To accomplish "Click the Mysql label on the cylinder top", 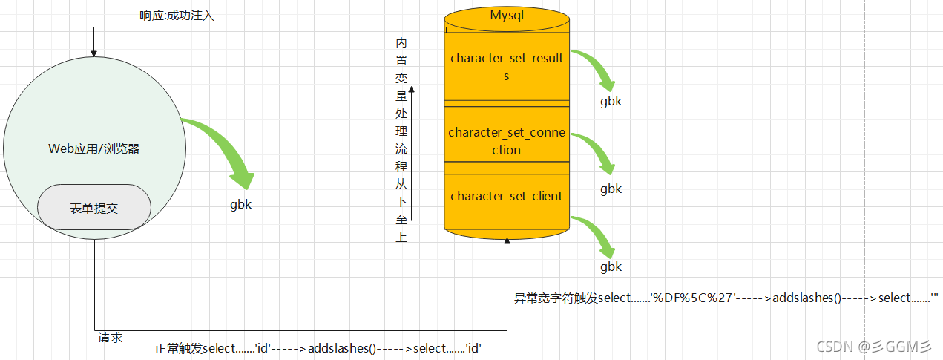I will coord(507,16).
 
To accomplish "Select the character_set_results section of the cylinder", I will coord(507,67).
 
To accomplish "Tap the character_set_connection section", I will coord(507,141).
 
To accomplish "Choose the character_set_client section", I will coord(507,197).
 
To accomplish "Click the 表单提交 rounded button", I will coord(94,208).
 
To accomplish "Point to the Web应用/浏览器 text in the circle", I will coord(94,148).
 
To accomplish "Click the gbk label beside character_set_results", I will coord(611,102).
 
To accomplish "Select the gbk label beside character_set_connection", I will coord(611,189).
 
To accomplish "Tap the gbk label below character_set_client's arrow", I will coord(611,266).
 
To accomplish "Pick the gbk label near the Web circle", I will coord(240,205).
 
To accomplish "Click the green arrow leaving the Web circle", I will coord(223,152).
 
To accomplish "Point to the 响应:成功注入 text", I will coord(177,16).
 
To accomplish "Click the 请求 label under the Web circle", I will coord(110,338).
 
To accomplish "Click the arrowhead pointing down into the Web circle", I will coord(93,53).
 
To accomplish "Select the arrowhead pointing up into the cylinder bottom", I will coord(507,243).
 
